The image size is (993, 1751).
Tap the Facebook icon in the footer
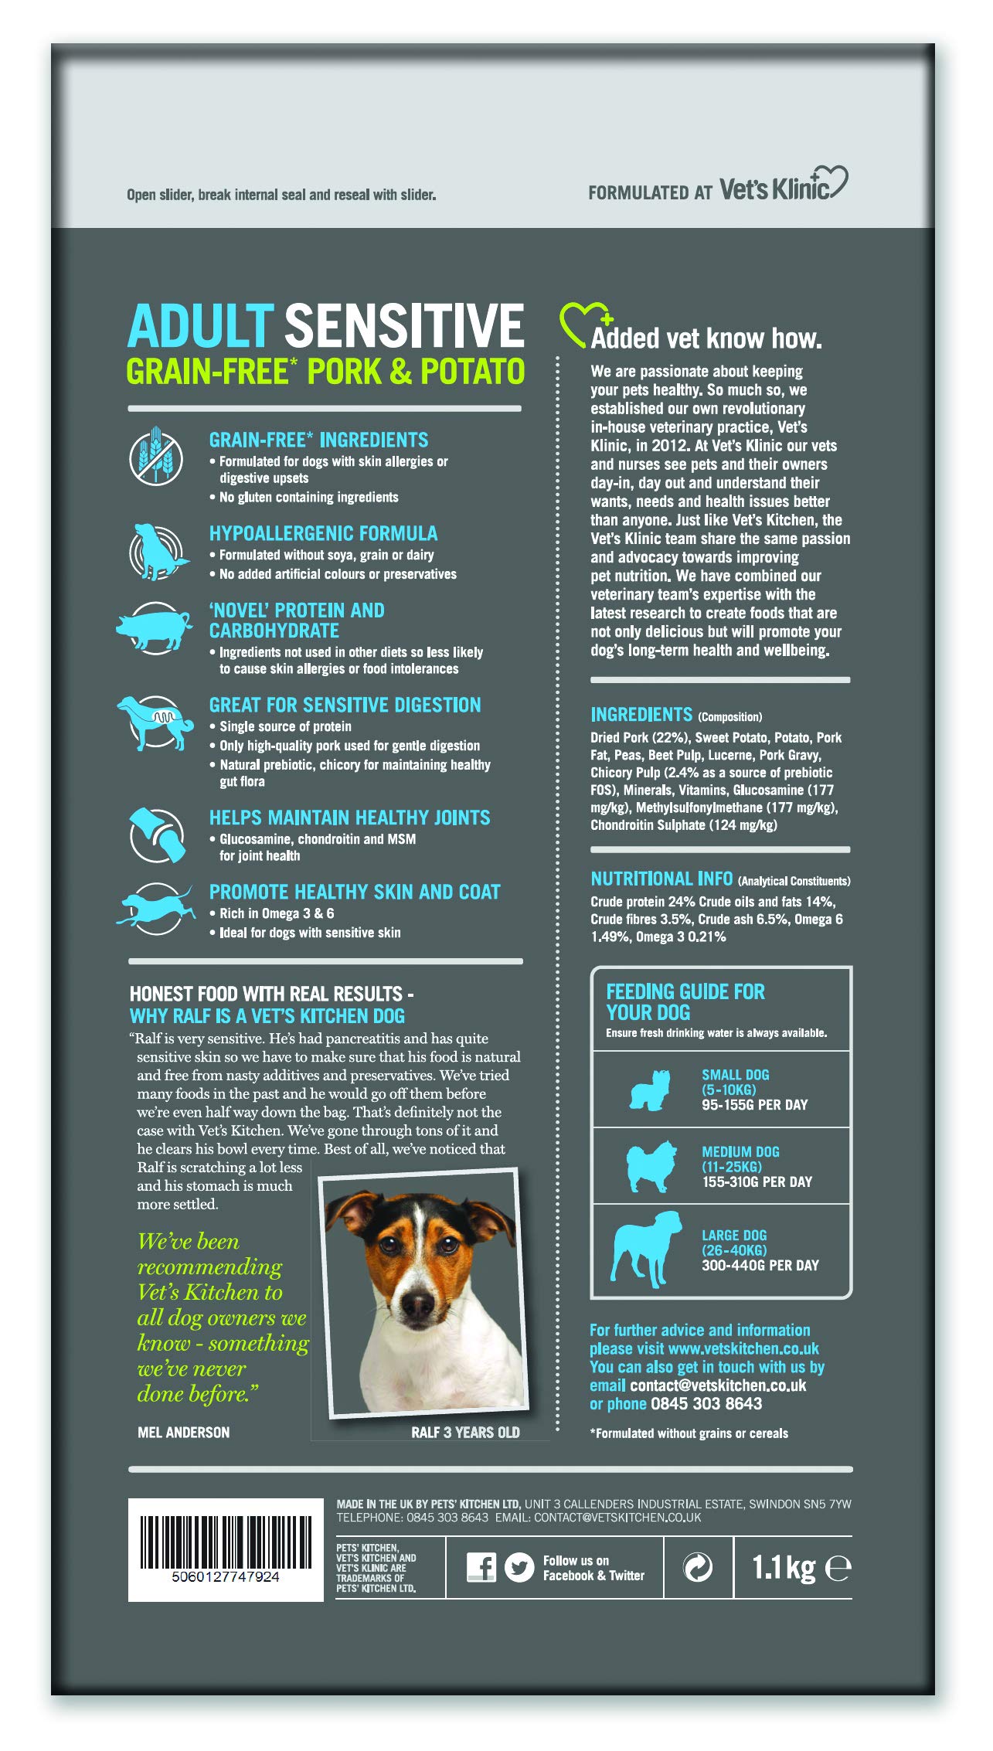[x=481, y=1567]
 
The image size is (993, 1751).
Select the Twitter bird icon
[x=519, y=1567]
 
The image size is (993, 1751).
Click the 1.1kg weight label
[x=784, y=1567]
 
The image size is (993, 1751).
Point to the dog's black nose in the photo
[x=418, y=1304]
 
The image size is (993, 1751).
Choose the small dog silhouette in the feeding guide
[x=648, y=1090]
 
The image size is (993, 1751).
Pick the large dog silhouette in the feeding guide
[x=646, y=1246]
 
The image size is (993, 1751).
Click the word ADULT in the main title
[x=200, y=325]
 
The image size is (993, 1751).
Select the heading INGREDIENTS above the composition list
[x=641, y=714]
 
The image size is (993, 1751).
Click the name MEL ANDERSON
[x=183, y=1432]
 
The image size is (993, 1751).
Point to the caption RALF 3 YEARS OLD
[x=465, y=1432]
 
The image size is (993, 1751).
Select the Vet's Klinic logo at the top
[x=783, y=185]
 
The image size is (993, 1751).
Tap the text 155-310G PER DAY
[x=757, y=1181]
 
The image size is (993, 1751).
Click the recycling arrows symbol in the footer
[x=698, y=1567]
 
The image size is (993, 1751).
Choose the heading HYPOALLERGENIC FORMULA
[x=323, y=533]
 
